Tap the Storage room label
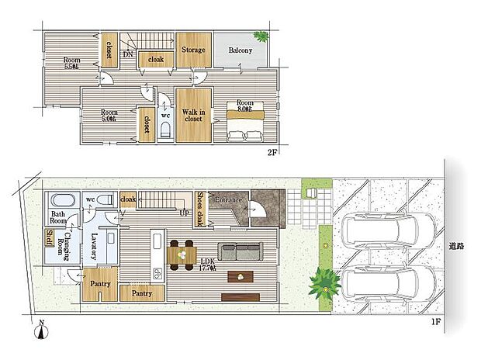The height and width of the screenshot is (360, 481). click(x=193, y=50)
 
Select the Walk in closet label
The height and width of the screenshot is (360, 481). click(x=193, y=116)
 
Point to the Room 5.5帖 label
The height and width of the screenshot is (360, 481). click(x=71, y=62)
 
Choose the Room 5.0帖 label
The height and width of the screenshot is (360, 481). click(x=109, y=116)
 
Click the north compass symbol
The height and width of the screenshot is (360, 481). click(x=40, y=333)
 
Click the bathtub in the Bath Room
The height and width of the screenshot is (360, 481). click(x=59, y=200)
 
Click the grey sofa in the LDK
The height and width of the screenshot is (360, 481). click(x=240, y=251)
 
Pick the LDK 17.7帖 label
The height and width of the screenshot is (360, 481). click(x=208, y=265)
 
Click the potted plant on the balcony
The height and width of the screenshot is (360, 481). click(x=261, y=36)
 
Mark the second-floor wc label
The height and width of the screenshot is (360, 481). click(x=165, y=116)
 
